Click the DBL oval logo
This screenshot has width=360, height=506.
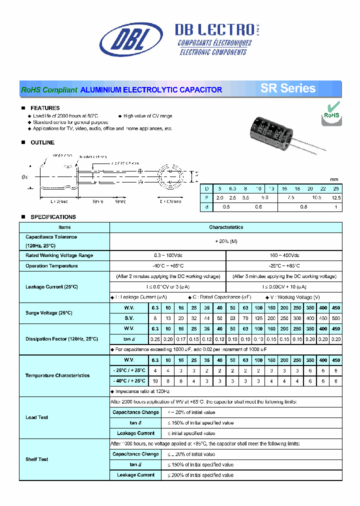131,39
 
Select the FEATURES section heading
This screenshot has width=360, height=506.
45,108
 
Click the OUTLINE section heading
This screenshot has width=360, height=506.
42,142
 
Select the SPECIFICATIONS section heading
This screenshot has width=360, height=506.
53,217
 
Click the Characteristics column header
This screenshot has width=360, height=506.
226,227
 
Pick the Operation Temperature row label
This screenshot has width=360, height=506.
51,266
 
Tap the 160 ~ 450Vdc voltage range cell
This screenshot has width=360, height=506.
284,255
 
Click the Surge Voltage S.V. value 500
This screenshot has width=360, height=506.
336,318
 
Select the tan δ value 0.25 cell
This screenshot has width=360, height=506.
155,339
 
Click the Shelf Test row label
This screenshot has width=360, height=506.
37,459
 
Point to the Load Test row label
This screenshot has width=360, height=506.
37,417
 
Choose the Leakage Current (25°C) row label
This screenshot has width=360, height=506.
51,287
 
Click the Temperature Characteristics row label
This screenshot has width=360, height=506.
57,375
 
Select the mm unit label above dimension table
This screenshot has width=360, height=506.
334,179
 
